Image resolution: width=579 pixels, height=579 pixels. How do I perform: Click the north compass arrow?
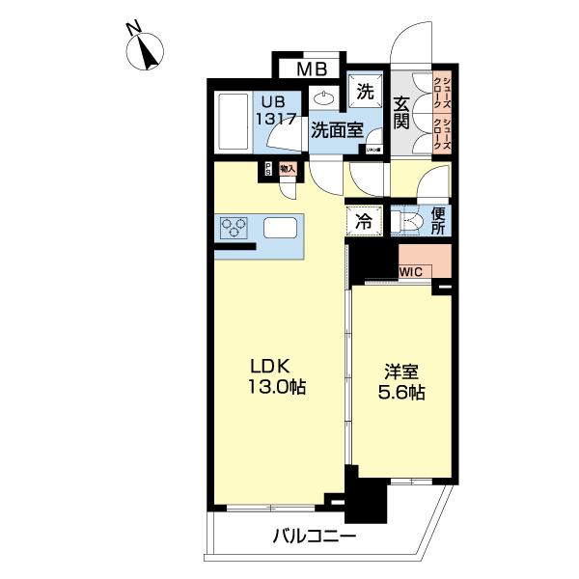[147, 53]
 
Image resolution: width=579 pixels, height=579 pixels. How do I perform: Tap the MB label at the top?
[311, 69]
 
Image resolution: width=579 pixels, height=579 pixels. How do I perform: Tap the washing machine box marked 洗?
[365, 92]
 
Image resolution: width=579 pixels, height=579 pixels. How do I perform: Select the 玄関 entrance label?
[402, 112]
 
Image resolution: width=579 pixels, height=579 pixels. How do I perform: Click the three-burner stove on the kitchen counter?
[234, 228]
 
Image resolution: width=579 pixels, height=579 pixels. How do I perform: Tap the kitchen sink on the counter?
[280, 229]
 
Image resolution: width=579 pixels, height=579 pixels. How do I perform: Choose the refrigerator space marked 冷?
[364, 220]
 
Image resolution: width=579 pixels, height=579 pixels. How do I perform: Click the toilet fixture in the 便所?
[408, 221]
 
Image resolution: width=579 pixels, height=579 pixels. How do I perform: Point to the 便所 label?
[437, 220]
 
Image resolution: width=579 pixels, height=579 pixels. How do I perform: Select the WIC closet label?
[411, 272]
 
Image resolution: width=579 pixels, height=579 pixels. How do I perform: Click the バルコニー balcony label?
[314, 537]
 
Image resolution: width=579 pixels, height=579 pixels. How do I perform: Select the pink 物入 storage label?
[287, 169]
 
